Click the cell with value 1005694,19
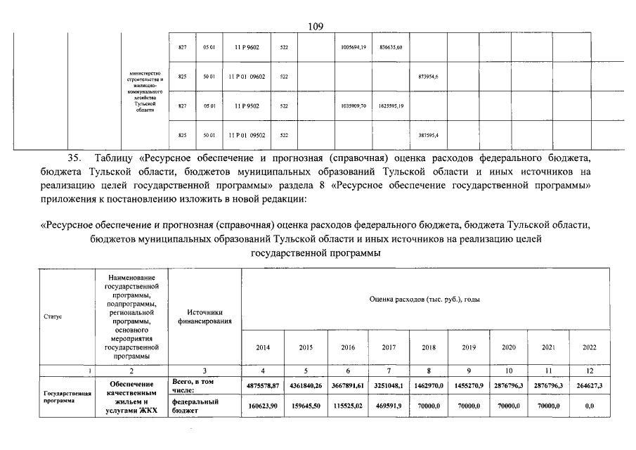coord(354,47)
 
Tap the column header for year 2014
coord(262,347)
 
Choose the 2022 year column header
coord(589,347)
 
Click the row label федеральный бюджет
coord(195,406)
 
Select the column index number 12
coord(589,370)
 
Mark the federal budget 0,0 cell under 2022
coord(589,406)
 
